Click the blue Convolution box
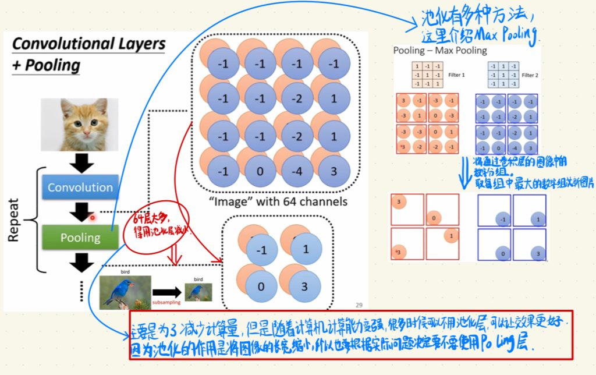[x=80, y=187]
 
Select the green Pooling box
[x=80, y=238]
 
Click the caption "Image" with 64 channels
[x=277, y=202]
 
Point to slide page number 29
[x=359, y=304]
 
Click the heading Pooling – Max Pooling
[x=440, y=50]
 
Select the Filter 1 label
[x=456, y=75]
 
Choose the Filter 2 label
[x=530, y=75]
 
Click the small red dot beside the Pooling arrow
[x=92, y=218]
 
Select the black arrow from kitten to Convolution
[x=84, y=162]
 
